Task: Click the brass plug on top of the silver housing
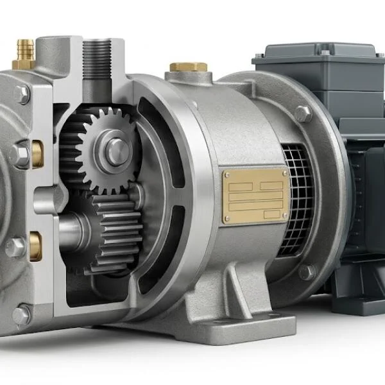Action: point(188,67)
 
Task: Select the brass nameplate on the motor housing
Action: point(255,195)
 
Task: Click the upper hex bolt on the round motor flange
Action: point(303,114)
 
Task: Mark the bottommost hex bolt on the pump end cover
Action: point(21,315)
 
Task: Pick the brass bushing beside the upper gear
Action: point(37,153)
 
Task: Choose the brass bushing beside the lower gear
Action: point(35,246)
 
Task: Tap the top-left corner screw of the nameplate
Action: point(227,173)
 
